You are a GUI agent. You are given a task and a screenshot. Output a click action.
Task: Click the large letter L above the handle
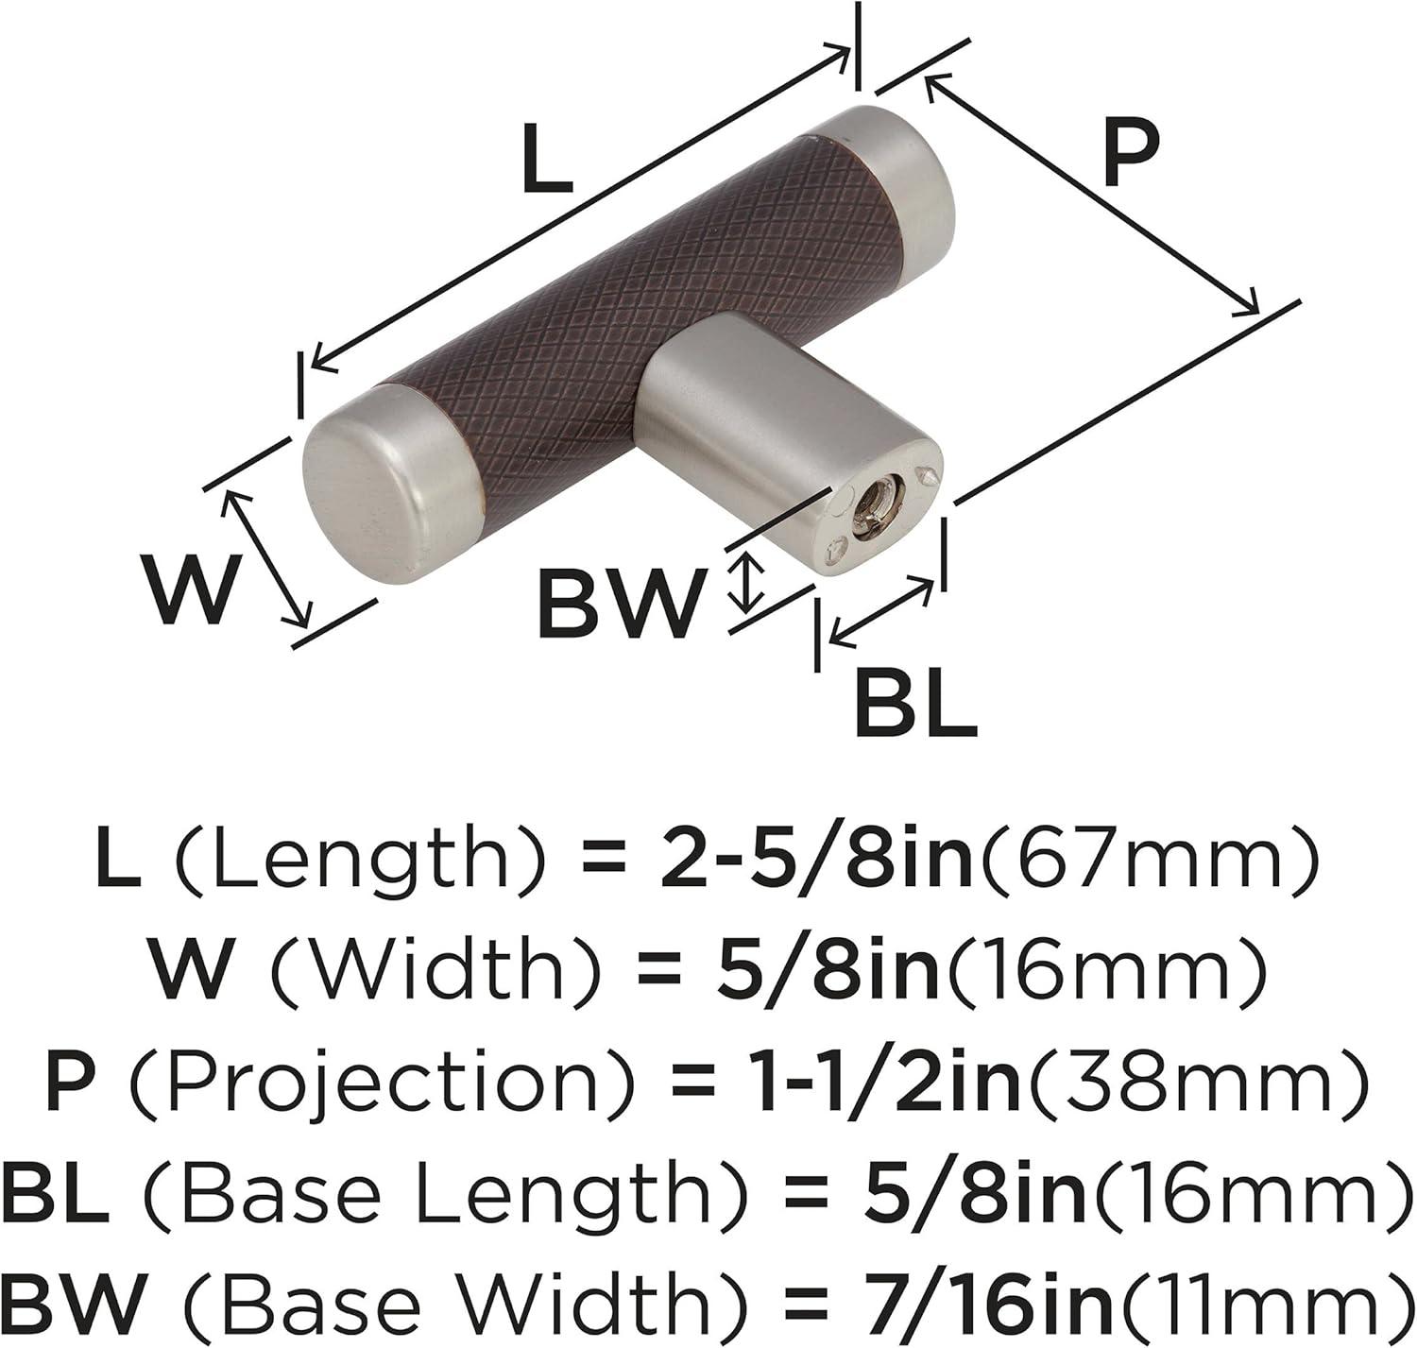(x=547, y=158)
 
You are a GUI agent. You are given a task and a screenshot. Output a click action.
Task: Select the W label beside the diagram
(x=193, y=590)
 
